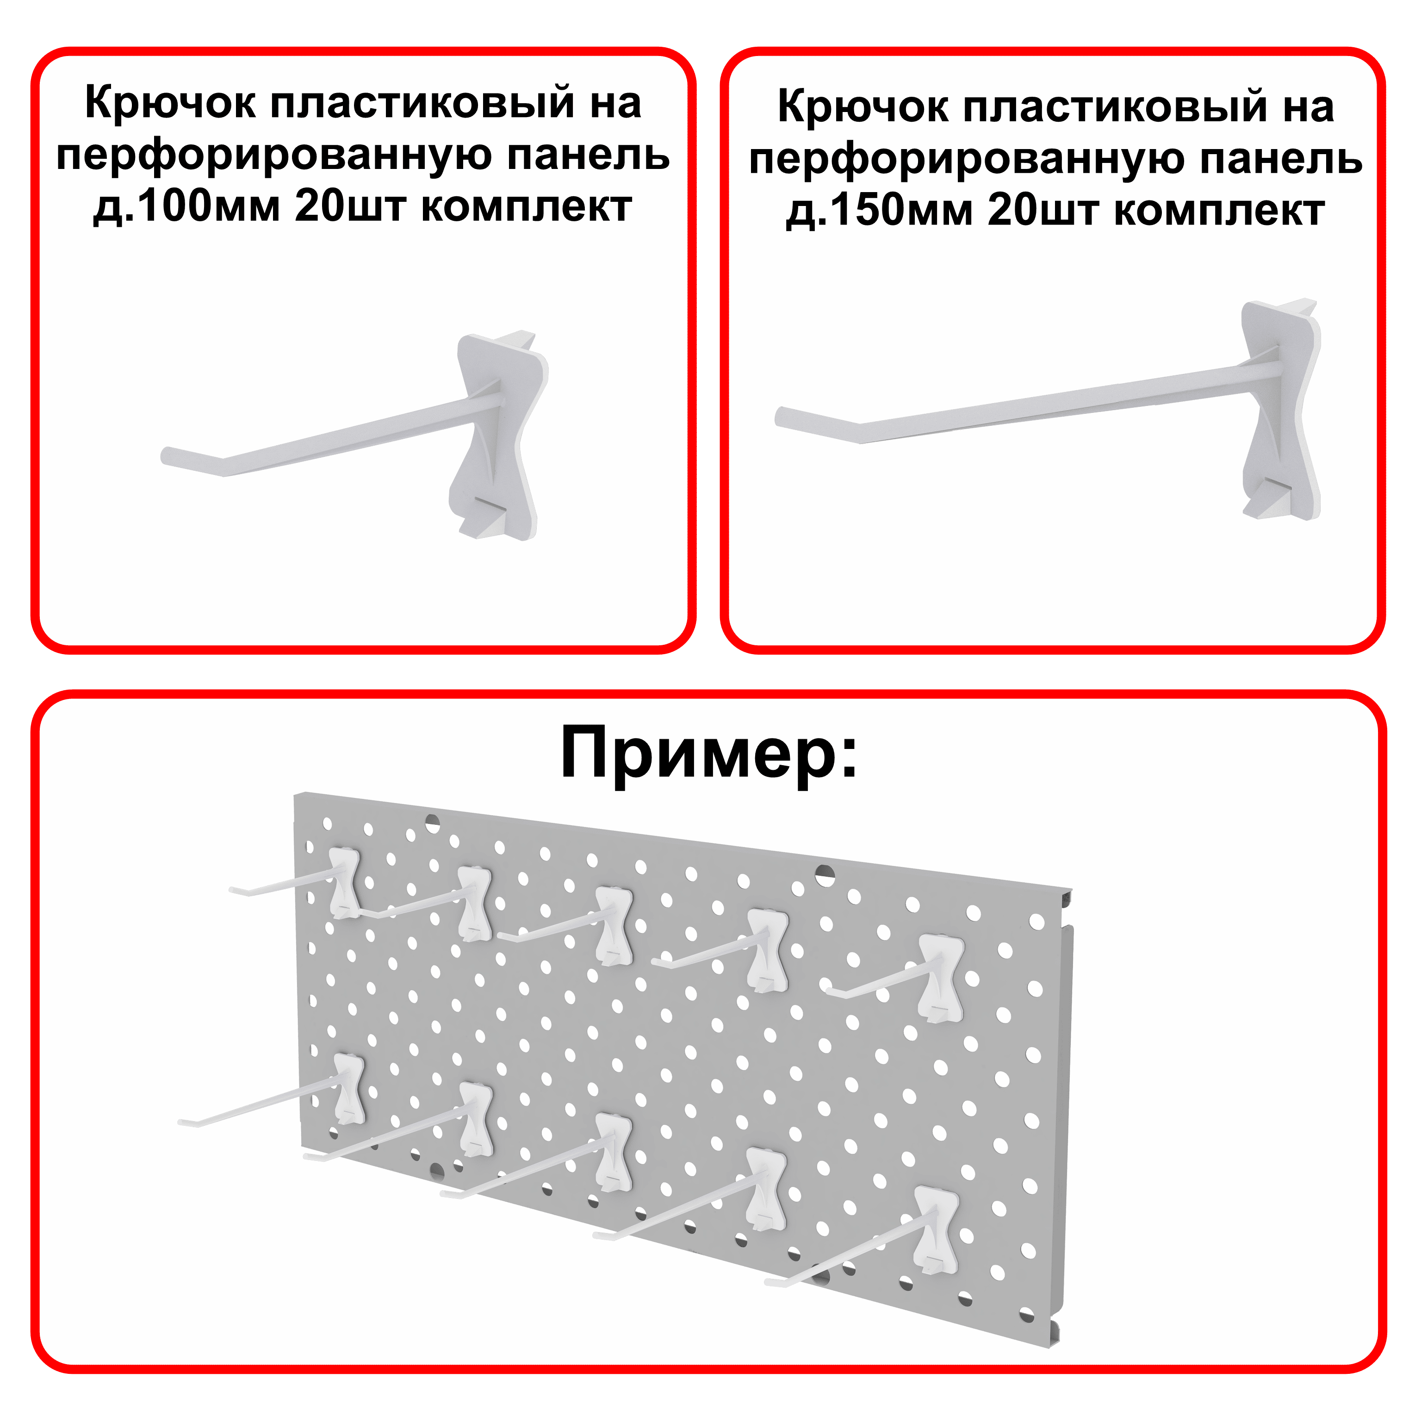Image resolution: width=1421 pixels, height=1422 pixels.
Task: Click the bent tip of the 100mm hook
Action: click(171, 456)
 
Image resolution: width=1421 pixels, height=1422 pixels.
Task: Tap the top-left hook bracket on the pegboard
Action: click(345, 882)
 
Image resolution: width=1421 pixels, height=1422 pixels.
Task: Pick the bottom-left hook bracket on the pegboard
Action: click(349, 1089)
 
